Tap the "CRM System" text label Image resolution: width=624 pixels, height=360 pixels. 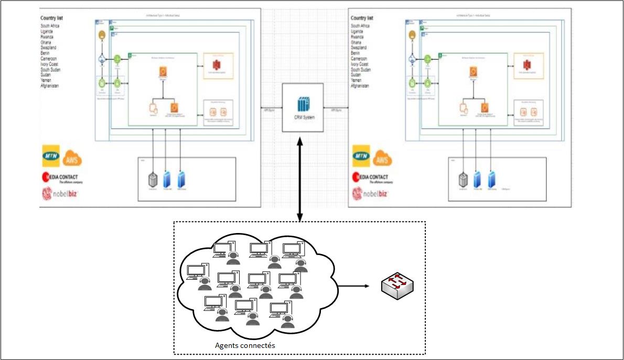(304, 118)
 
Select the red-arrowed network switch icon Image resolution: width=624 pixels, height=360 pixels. (400, 287)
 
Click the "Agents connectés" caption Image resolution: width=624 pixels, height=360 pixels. (245, 346)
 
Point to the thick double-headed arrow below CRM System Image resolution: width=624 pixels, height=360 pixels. (299, 178)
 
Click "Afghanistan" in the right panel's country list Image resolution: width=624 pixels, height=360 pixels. (363, 86)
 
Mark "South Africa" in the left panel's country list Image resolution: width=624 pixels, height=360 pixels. (53, 26)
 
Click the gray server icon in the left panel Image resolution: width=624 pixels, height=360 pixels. (152, 179)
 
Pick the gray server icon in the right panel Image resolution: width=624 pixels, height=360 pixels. (462, 179)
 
